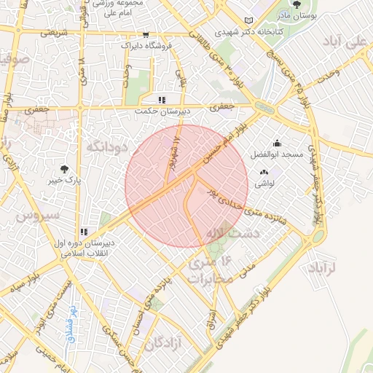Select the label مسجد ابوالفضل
[x=278, y=154]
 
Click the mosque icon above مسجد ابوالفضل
[x=277, y=144]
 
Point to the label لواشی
[x=263, y=184]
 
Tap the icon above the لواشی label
[x=263, y=173]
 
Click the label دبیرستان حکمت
[x=163, y=111]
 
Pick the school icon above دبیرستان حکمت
[x=162, y=99]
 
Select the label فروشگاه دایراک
[x=146, y=45]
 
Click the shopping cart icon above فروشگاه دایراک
[x=146, y=34]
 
